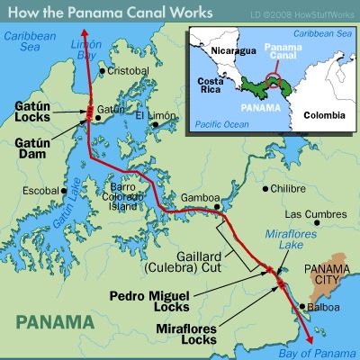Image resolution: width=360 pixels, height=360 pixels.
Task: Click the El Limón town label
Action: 154,116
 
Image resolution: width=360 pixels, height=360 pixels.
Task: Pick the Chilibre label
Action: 287,189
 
